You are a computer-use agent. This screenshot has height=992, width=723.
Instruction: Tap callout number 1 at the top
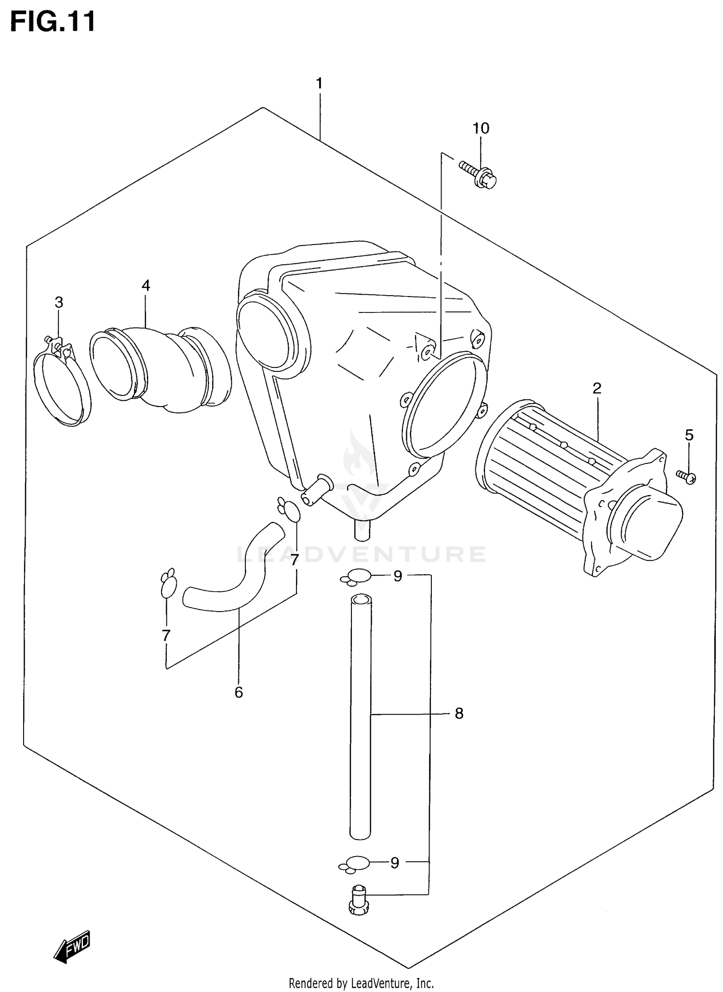[319, 83]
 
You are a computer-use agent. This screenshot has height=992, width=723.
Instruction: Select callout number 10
[481, 128]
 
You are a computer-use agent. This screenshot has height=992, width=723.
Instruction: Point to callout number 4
[146, 285]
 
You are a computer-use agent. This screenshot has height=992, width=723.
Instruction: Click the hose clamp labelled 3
[62, 386]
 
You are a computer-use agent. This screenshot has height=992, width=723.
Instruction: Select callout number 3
[59, 302]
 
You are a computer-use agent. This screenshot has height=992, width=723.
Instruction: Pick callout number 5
[689, 435]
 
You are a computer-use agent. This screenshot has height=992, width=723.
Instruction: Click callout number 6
[239, 693]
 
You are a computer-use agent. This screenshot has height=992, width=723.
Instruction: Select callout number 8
[459, 713]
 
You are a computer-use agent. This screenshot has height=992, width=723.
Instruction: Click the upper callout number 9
[398, 576]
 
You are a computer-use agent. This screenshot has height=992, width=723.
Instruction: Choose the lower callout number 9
[395, 863]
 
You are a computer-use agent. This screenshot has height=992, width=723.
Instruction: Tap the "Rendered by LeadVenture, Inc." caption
[361, 982]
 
